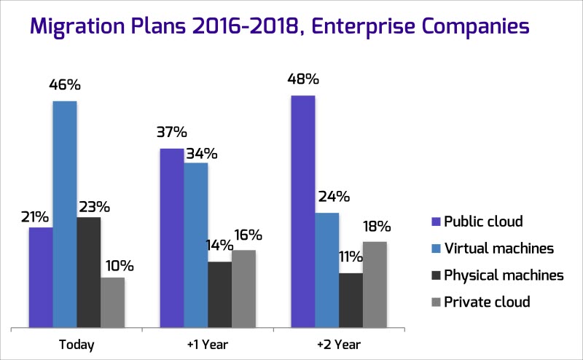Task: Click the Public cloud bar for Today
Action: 41,278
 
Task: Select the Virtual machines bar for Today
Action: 65,214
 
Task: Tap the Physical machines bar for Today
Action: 89,273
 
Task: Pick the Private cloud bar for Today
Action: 112,302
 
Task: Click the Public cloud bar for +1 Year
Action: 172,238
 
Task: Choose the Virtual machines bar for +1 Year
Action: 196,245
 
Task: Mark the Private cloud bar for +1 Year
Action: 243,289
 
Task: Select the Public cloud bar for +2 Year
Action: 303,211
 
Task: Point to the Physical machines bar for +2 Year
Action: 351,300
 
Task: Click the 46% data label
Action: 65,85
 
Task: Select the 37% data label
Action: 171,133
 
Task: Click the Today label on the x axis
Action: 76,344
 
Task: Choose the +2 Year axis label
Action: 339,344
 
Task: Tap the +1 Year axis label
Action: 208,344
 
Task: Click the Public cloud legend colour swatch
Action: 436,222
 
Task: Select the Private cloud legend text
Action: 487,302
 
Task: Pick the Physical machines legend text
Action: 504,275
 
